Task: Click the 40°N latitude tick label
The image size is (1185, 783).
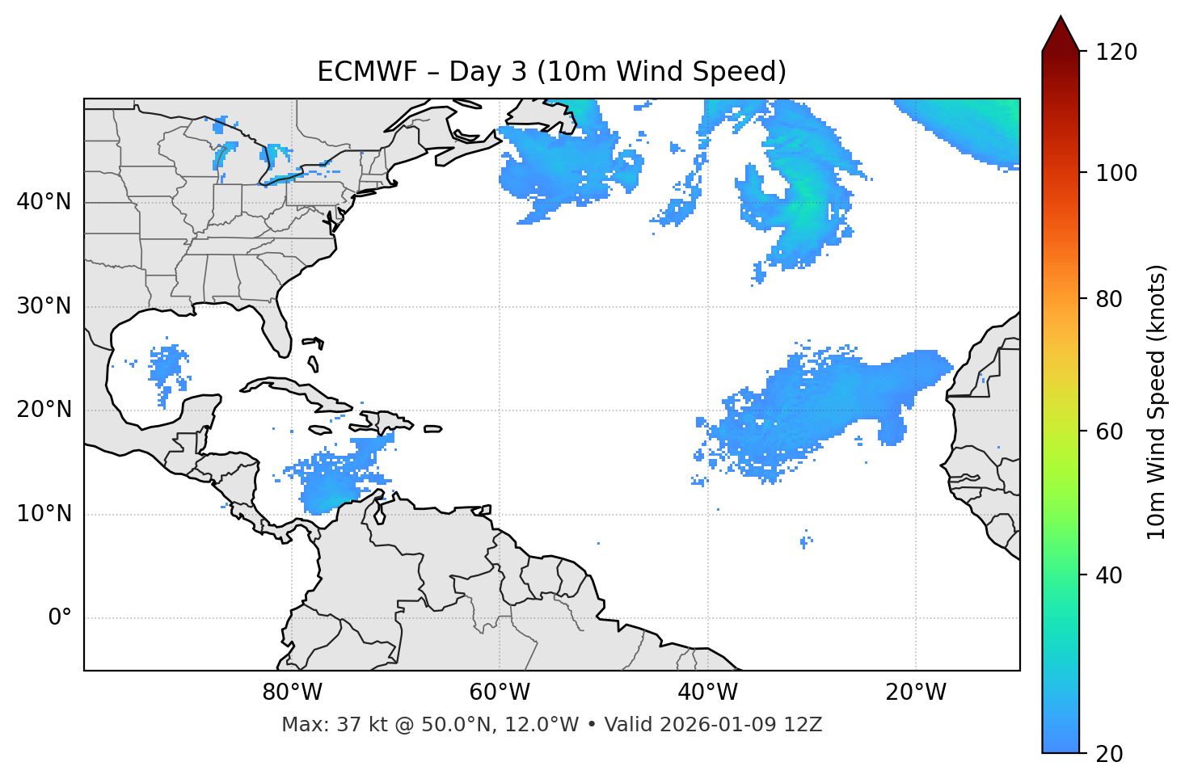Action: [x=44, y=202]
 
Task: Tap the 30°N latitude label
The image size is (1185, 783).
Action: [x=44, y=306]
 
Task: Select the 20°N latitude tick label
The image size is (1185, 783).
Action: [x=44, y=410]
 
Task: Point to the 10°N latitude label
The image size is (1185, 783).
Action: [x=44, y=514]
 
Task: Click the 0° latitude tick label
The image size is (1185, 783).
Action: [x=59, y=618]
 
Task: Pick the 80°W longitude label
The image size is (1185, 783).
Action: [x=292, y=692]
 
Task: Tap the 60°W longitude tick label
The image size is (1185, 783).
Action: [x=500, y=692]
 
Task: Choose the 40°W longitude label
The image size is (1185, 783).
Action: [x=707, y=692]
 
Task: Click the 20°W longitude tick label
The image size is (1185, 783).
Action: [x=916, y=692]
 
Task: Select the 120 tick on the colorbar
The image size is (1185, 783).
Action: [x=1116, y=53]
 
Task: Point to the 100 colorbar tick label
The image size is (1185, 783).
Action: [x=1116, y=174]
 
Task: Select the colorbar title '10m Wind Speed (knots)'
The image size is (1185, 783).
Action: [x=1157, y=402]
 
